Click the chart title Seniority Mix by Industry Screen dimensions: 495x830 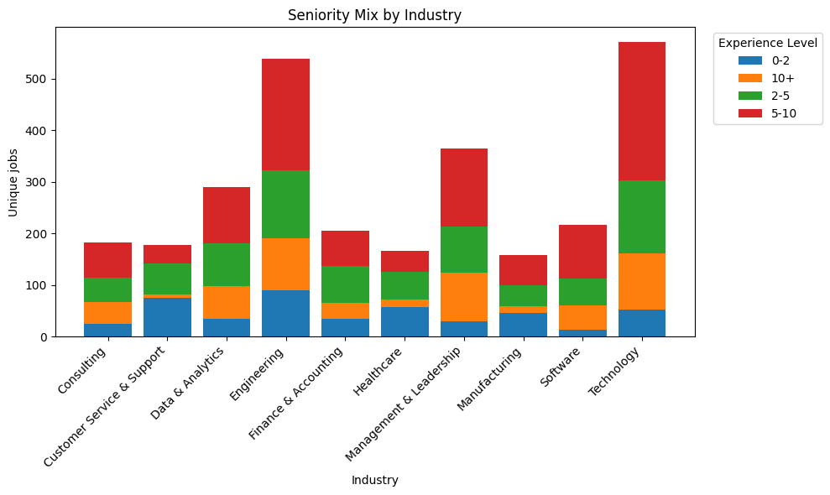[x=374, y=15]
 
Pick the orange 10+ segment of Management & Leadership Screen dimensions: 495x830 [x=463, y=297]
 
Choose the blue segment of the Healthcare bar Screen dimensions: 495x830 [x=405, y=321]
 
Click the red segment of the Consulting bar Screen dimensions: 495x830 [x=107, y=260]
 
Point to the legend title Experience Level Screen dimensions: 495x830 [x=768, y=43]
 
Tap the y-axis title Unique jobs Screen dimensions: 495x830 [x=13, y=182]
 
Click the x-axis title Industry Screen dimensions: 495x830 [x=374, y=481]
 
